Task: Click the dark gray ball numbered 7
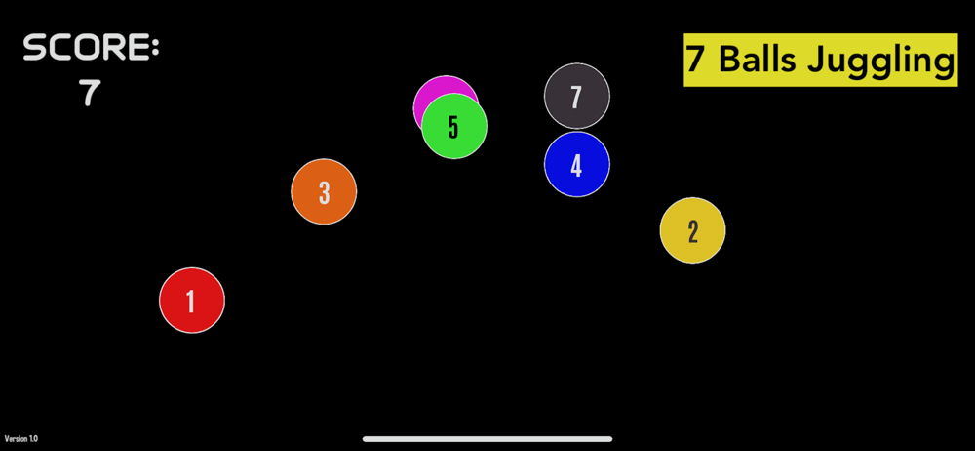click(x=577, y=96)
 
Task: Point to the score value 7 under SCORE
click(x=90, y=93)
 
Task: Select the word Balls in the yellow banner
click(x=757, y=60)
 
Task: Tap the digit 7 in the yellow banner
click(x=695, y=60)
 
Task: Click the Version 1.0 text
click(x=20, y=439)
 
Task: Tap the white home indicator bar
click(x=487, y=439)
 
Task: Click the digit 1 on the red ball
click(x=191, y=302)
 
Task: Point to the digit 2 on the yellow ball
click(x=693, y=232)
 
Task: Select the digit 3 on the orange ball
click(x=325, y=193)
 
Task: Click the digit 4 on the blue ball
click(x=576, y=166)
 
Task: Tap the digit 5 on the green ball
click(x=453, y=127)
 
